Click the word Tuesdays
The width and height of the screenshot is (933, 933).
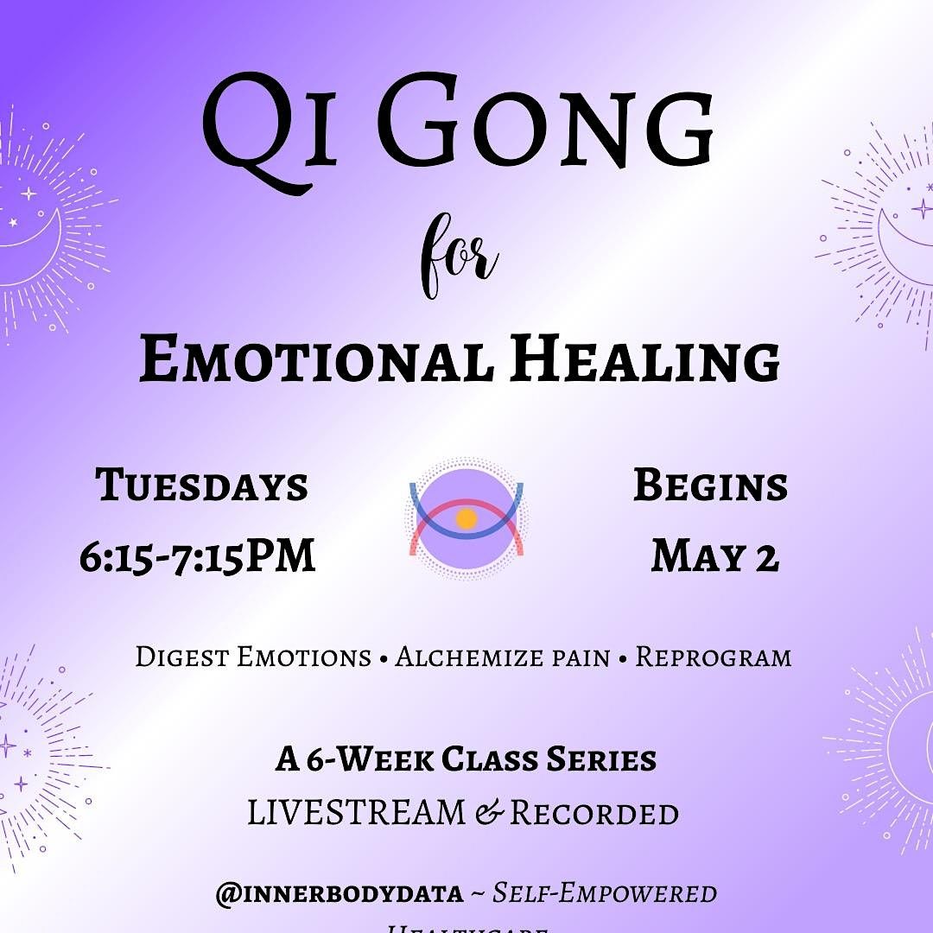tap(202, 486)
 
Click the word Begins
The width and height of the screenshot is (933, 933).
tap(710, 486)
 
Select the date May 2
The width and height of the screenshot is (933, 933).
tap(714, 555)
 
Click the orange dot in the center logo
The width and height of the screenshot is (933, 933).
tap(466, 518)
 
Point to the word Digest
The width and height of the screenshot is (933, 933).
tap(181, 657)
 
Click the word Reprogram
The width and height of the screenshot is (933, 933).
tap(714, 657)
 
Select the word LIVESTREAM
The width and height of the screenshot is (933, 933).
tap(357, 813)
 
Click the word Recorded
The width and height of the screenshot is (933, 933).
tap(593, 813)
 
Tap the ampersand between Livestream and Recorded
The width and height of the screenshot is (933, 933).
tap(488, 814)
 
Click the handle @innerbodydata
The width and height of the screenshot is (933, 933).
tap(340, 893)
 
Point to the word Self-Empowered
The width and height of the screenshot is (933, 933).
tap(605, 893)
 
